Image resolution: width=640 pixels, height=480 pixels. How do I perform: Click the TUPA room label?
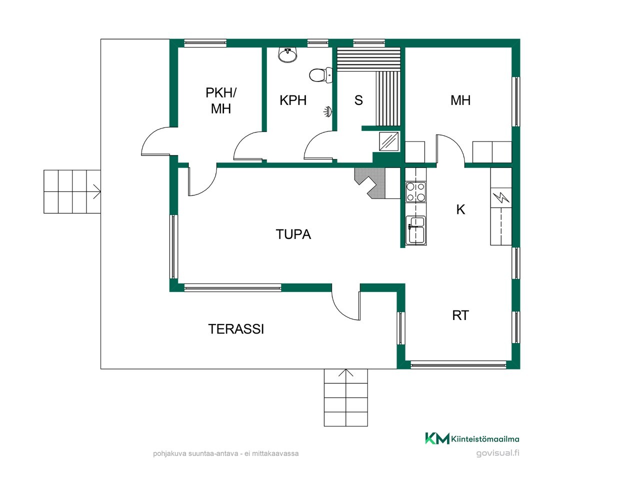point(293,234)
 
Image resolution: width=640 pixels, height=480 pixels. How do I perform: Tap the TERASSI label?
point(236,329)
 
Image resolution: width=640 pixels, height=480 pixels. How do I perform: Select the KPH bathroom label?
point(293,100)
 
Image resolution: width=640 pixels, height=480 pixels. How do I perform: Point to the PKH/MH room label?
point(220,101)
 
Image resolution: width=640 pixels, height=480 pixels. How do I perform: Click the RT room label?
point(460,315)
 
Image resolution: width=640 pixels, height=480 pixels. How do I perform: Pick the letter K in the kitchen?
point(460,209)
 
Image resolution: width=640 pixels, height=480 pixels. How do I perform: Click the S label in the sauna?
point(358,100)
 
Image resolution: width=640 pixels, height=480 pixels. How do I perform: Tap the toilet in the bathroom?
point(320,75)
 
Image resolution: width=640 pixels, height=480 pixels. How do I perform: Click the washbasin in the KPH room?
point(288,55)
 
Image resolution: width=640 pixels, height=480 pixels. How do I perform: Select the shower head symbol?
point(328,112)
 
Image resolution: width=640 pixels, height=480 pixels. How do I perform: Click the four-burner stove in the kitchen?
point(416,192)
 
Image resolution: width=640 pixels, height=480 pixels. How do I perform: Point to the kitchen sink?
point(416,230)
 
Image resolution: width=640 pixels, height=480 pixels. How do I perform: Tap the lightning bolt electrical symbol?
point(501,197)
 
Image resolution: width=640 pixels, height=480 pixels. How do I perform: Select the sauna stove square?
point(389,141)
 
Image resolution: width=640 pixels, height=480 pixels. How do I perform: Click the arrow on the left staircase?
point(97,192)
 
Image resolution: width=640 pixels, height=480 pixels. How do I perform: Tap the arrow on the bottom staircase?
point(346,373)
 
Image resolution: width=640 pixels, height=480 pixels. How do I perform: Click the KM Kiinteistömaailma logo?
point(472,438)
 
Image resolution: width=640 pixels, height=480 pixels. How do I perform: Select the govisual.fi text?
point(497,453)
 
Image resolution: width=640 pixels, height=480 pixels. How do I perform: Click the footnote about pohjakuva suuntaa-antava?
point(225,453)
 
